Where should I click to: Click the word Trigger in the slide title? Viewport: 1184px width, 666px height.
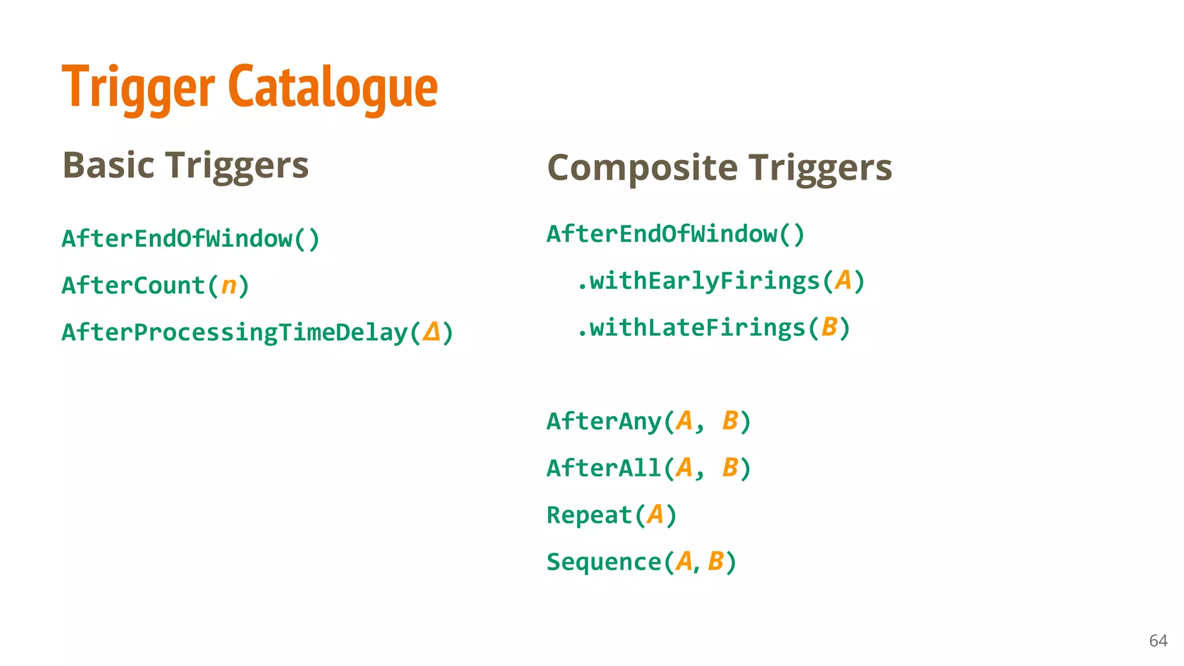pyautogui.click(x=138, y=88)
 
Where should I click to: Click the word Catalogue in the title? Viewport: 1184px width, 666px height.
pyautogui.click(x=333, y=88)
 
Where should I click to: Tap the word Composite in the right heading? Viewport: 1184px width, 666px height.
pyautogui.click(x=642, y=168)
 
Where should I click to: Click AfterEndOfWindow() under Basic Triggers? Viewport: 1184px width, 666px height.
pyautogui.click(x=191, y=239)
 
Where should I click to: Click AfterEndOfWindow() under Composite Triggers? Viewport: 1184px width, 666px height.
pyautogui.click(x=676, y=234)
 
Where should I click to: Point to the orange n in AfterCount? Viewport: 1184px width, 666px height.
pyautogui.click(x=229, y=286)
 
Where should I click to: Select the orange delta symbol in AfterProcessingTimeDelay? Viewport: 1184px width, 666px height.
pyautogui.click(x=431, y=332)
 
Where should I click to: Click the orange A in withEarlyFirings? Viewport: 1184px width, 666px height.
pyautogui.click(x=843, y=280)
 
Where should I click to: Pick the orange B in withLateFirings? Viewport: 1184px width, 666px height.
pyautogui.click(x=829, y=327)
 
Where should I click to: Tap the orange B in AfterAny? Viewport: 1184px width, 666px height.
pyautogui.click(x=730, y=421)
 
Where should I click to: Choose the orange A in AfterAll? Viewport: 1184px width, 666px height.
pyautogui.click(x=684, y=468)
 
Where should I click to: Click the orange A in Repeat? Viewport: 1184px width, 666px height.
pyautogui.click(x=655, y=515)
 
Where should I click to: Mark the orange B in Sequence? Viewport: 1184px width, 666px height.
pyautogui.click(x=716, y=561)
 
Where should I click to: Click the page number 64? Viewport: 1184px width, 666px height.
pyautogui.click(x=1158, y=641)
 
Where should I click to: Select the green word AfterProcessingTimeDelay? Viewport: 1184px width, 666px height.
pyautogui.click(x=235, y=333)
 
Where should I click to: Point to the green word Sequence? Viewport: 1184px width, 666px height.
pyautogui.click(x=604, y=562)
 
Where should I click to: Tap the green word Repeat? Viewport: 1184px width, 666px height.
pyautogui.click(x=589, y=515)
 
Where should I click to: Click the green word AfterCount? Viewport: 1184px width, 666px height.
pyautogui.click(x=133, y=286)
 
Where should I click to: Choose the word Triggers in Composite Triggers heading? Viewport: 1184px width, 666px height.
pyautogui.click(x=820, y=168)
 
